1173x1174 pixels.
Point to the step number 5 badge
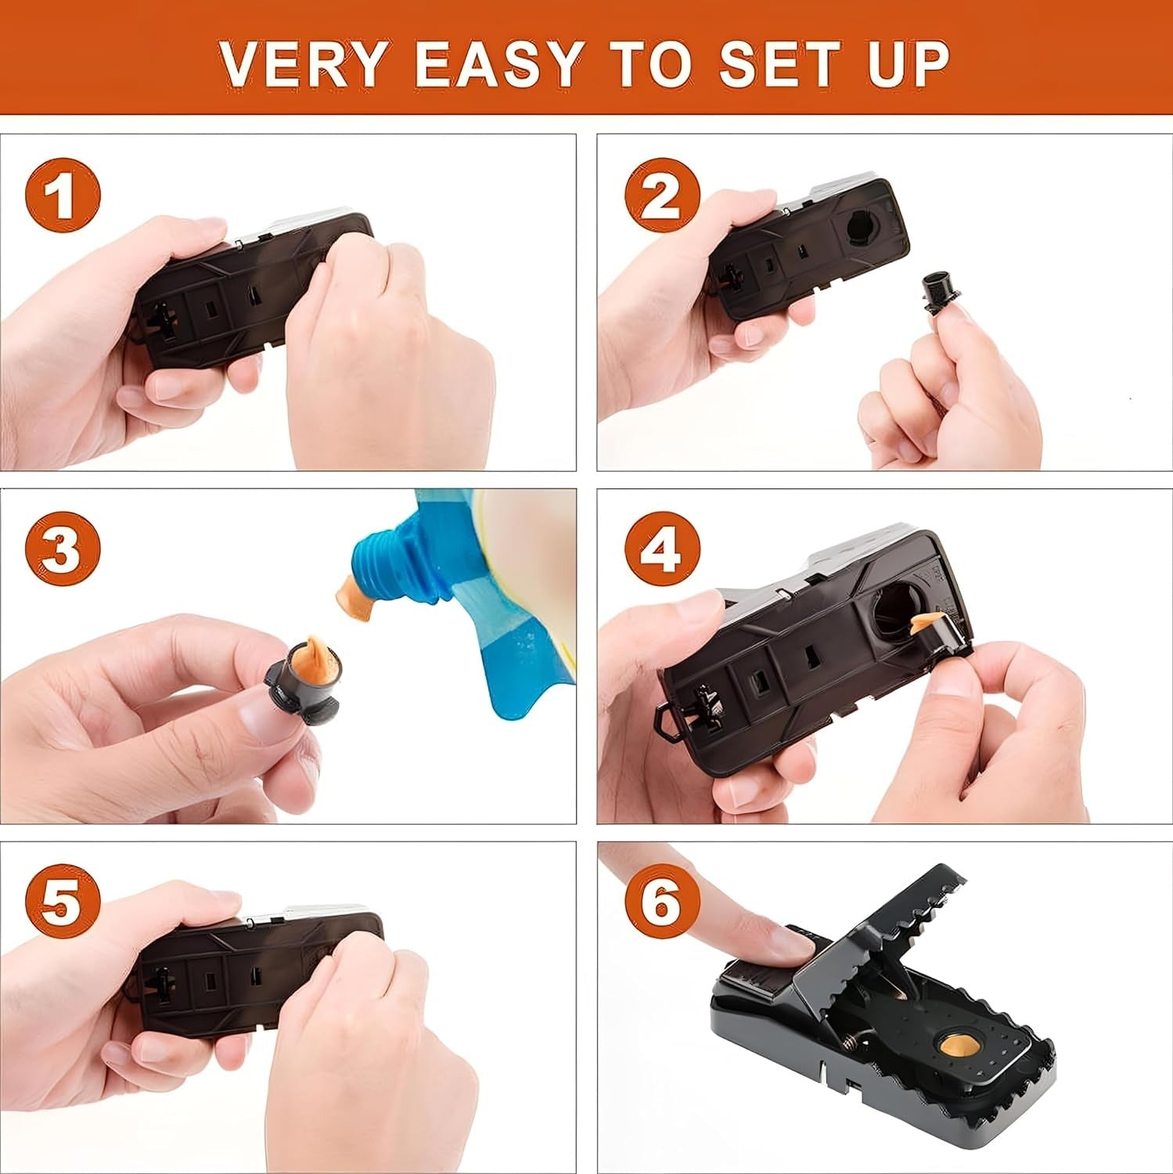(63, 902)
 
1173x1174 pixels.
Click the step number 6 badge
(661, 902)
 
